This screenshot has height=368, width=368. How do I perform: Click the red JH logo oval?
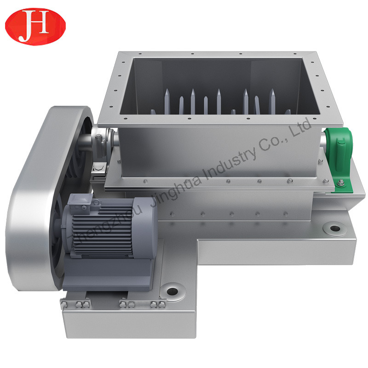coord(35,26)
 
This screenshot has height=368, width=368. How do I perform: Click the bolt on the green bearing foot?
coord(340,183)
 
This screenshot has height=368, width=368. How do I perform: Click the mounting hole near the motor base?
coord(172,292)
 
